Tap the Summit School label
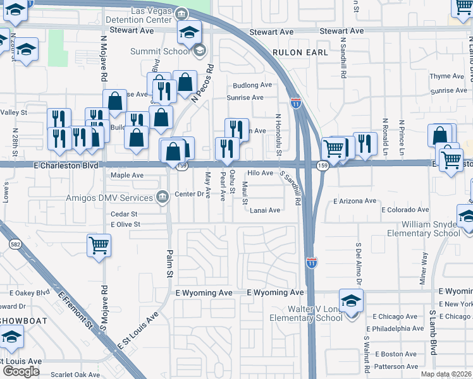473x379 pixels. pos(161,51)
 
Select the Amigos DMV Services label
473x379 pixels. pos(119,198)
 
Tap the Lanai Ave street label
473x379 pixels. pos(264,210)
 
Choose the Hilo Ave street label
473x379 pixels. pos(260,172)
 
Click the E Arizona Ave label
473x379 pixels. pos(355,201)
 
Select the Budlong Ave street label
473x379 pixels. pos(252,85)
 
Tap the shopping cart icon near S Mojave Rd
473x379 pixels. pos(98,244)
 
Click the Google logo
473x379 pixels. pos(21,371)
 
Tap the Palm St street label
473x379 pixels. pos(169,266)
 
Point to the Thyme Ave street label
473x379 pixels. pos(447,76)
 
